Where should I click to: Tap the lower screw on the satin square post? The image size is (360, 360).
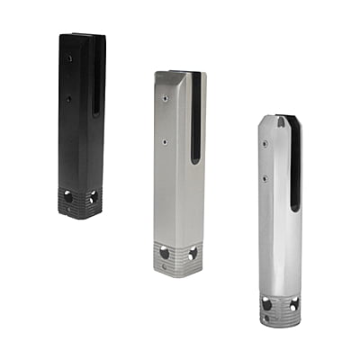click(x=166, y=140)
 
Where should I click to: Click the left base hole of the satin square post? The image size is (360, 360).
click(x=165, y=255)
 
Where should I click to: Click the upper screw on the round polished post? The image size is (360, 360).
click(x=265, y=142)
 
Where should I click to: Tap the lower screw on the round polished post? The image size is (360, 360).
click(x=265, y=178)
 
